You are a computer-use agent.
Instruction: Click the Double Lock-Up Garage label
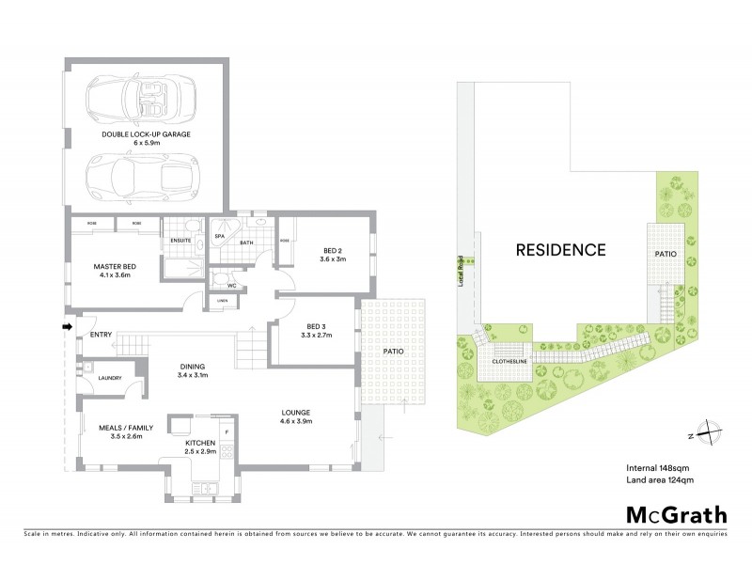(x=146, y=134)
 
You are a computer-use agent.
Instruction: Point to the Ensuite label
(x=181, y=241)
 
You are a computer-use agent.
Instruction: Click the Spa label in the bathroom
(x=219, y=237)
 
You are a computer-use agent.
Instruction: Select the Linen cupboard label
(x=222, y=301)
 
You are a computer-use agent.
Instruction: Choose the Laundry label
(x=97, y=379)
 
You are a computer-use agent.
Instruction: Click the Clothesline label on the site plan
(x=507, y=360)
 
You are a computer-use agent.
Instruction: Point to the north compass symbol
(x=706, y=433)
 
